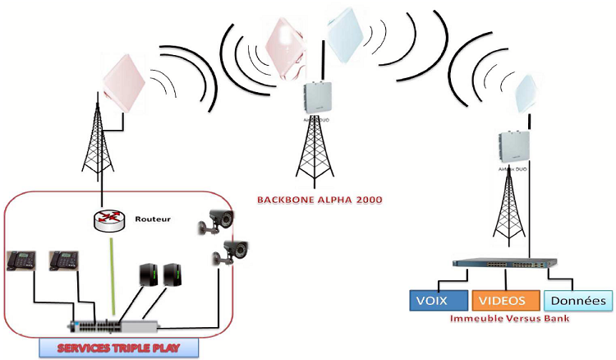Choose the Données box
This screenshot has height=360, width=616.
(x=578, y=300)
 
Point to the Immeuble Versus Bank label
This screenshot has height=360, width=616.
(x=510, y=317)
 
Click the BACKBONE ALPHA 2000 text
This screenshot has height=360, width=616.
(x=309, y=200)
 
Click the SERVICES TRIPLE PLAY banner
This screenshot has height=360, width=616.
(x=120, y=348)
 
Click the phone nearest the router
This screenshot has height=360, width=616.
(x=63, y=260)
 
